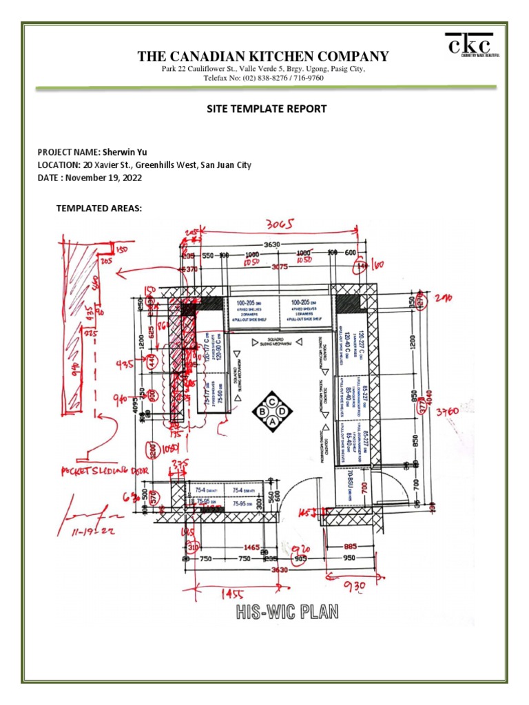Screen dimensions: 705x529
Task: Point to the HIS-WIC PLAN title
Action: (288, 611)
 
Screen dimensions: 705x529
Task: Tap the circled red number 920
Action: (301, 549)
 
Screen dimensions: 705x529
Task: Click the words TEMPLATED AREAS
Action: (98, 209)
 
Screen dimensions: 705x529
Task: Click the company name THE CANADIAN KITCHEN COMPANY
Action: (263, 56)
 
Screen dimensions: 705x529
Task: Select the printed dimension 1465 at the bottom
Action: (251, 547)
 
